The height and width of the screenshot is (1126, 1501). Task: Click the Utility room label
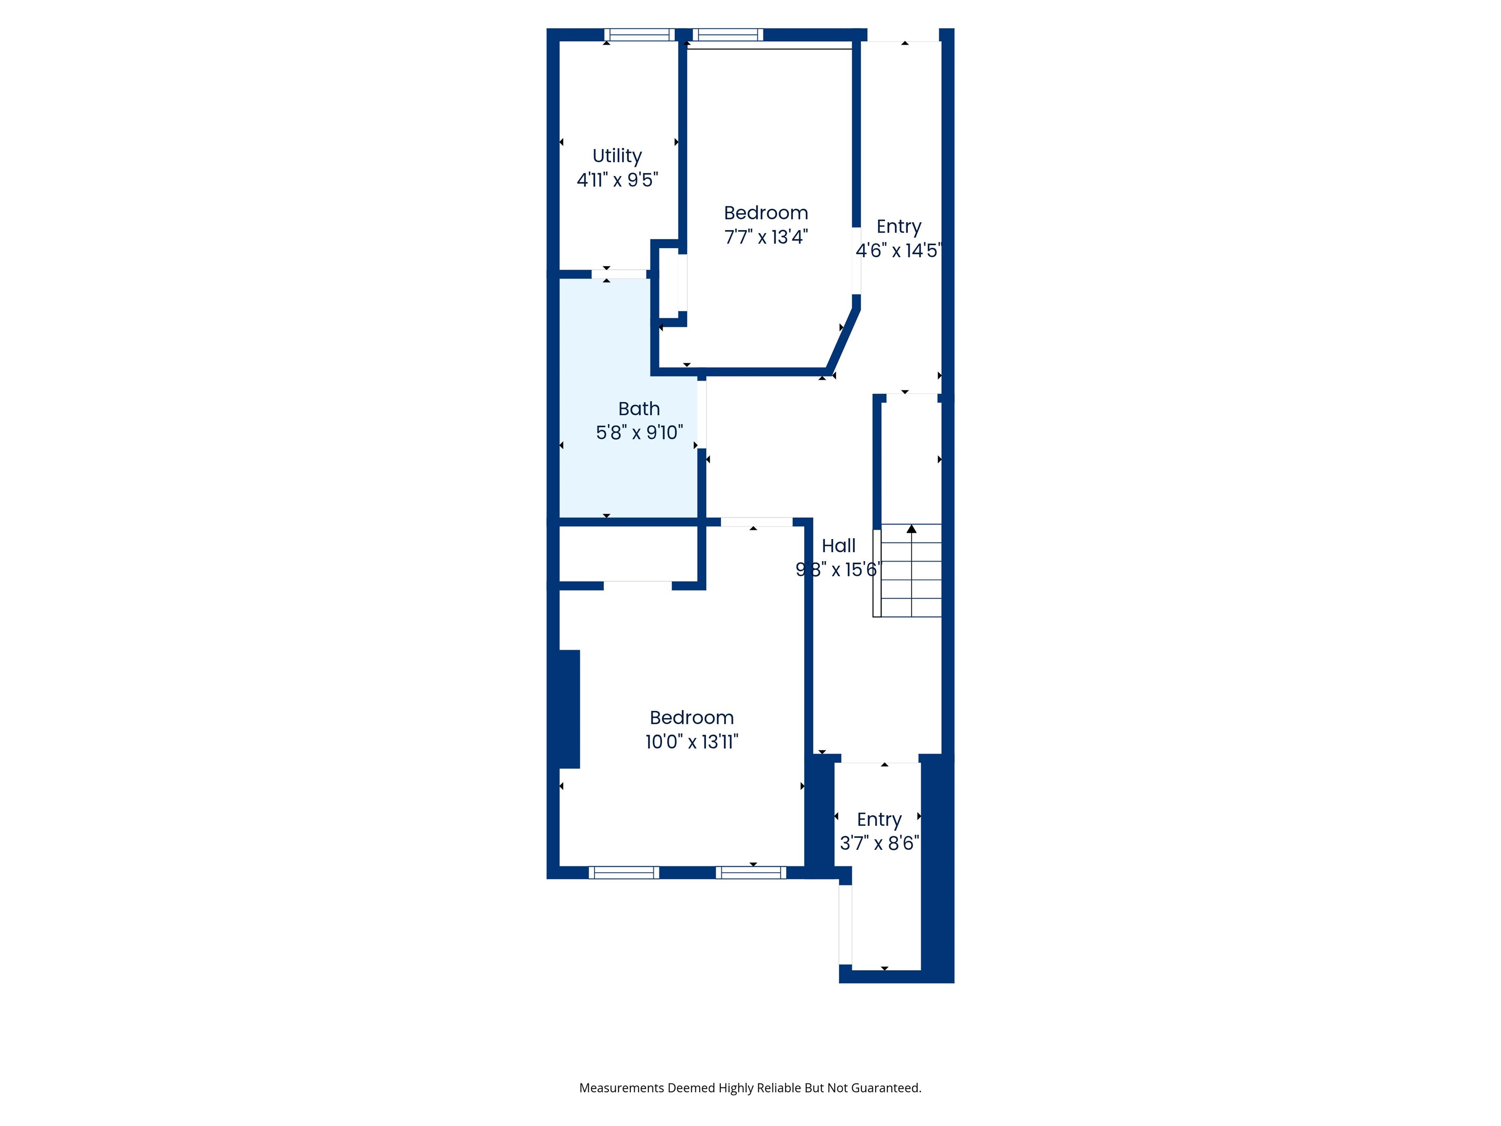[x=617, y=156]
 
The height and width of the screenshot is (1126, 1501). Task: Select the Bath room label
[x=639, y=409]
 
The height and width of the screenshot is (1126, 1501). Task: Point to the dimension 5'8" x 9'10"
[x=639, y=433]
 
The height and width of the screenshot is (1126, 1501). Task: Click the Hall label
[x=839, y=546]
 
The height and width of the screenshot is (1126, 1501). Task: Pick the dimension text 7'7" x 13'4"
[x=766, y=237]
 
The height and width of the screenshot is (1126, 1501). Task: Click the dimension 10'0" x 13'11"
[x=691, y=742]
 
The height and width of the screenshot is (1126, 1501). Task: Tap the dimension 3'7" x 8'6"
[x=879, y=843]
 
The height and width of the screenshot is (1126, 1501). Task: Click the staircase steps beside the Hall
[x=907, y=570]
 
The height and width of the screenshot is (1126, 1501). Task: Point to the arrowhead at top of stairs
[x=911, y=529]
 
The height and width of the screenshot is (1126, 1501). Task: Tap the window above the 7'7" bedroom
[x=728, y=35]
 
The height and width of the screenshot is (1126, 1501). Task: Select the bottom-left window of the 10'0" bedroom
[x=623, y=873]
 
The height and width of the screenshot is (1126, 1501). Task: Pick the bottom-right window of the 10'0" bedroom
[x=750, y=873]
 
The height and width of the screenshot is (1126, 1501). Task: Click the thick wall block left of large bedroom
[x=569, y=709]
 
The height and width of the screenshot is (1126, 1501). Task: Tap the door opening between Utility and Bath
[x=619, y=274]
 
